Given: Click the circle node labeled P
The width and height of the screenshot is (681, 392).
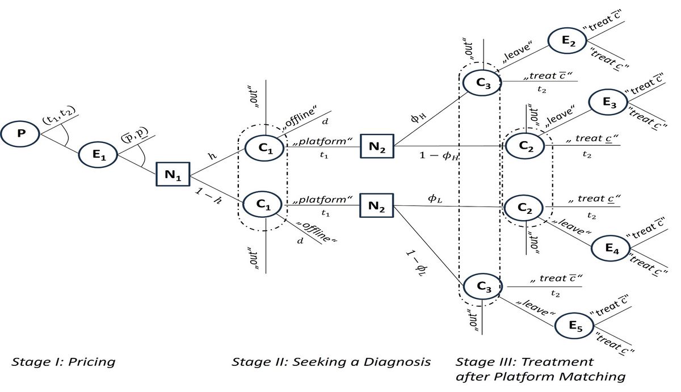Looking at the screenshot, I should pyautogui.click(x=21, y=134).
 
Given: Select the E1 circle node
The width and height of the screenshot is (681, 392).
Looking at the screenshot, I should pyautogui.click(x=99, y=155).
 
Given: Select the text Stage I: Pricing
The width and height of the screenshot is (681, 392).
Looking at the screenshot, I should pyautogui.click(x=63, y=361).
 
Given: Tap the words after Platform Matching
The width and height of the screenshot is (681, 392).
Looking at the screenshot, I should pyautogui.click(x=541, y=376).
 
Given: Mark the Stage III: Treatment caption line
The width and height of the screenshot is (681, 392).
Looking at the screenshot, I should pyautogui.click(x=524, y=361).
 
